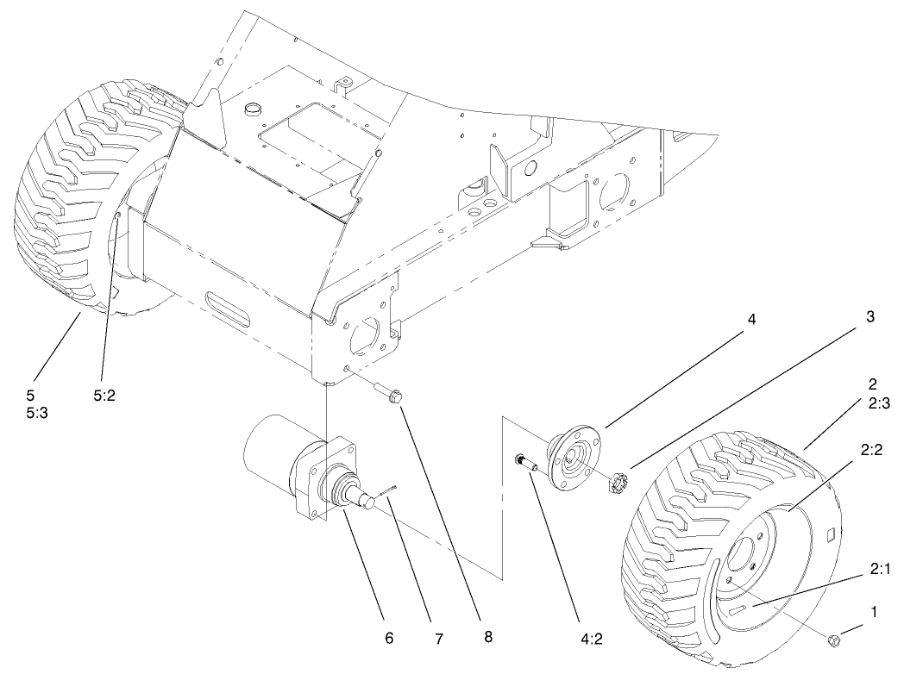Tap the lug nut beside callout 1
[x=834, y=640]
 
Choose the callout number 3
[x=870, y=316]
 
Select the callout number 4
[x=751, y=319]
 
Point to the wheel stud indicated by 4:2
[x=524, y=462]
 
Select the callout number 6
[x=389, y=638]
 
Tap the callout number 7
[x=438, y=639]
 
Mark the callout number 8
[x=488, y=638]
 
